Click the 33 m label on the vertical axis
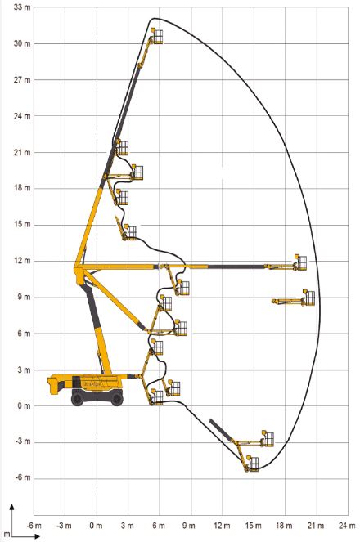(22, 7)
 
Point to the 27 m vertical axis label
(22, 80)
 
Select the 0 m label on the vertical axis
(24, 405)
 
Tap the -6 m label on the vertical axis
(22, 477)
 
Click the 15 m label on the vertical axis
(22, 224)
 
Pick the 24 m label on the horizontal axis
(347, 526)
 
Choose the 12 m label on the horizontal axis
(222, 526)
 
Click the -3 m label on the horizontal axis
(65, 526)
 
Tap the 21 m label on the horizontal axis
(315, 526)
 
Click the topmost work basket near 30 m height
(157, 37)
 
